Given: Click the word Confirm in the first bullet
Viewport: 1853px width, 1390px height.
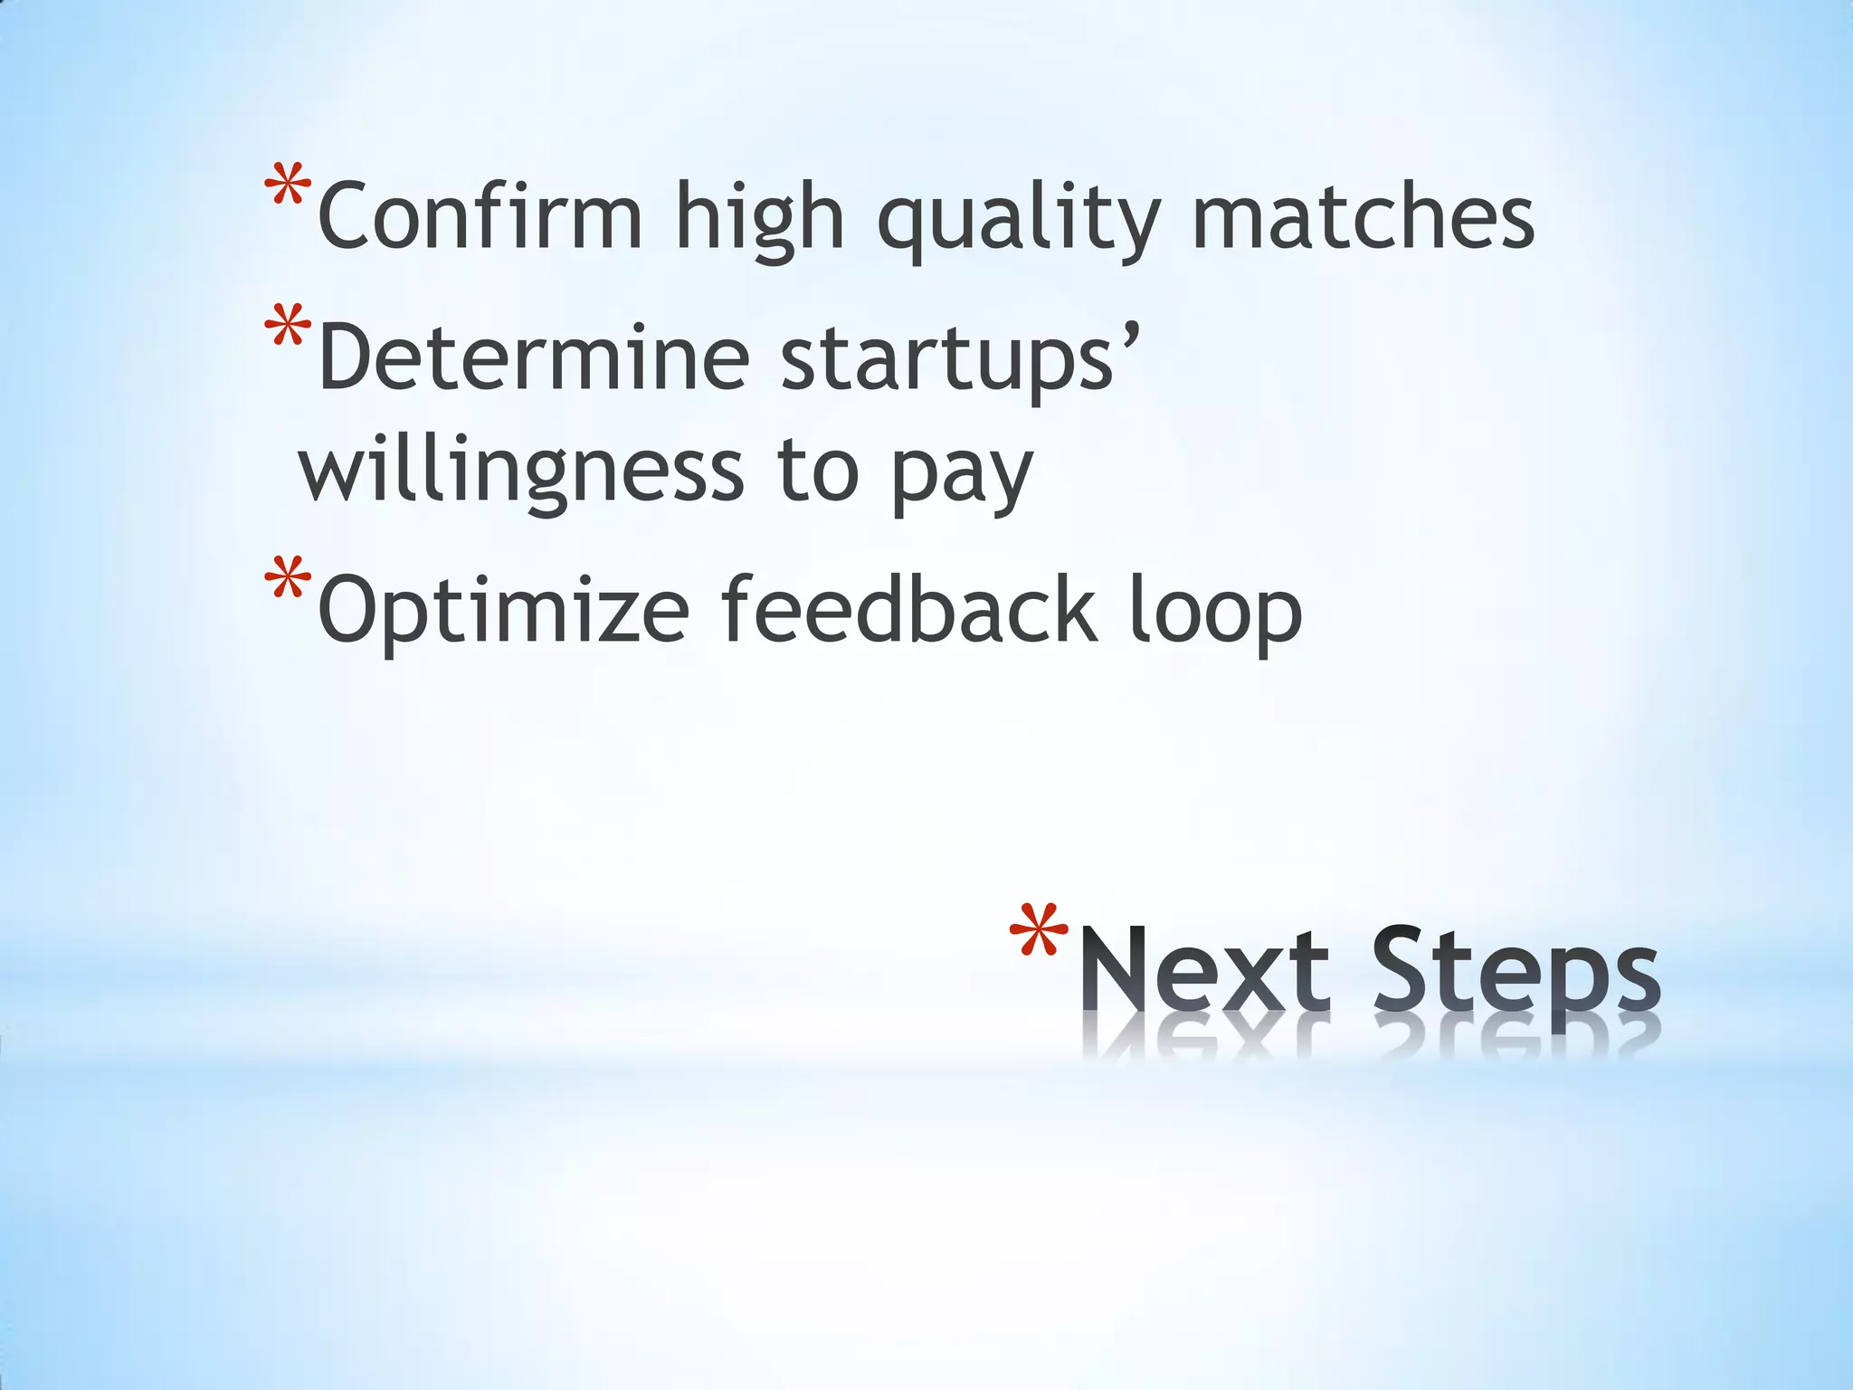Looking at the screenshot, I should [x=480, y=216].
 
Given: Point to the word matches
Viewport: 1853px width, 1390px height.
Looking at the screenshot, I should [x=1363, y=216].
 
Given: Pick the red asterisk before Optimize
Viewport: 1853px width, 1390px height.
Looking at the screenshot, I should [x=288, y=581].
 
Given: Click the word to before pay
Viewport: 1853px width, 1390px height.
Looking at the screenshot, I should [x=817, y=471].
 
